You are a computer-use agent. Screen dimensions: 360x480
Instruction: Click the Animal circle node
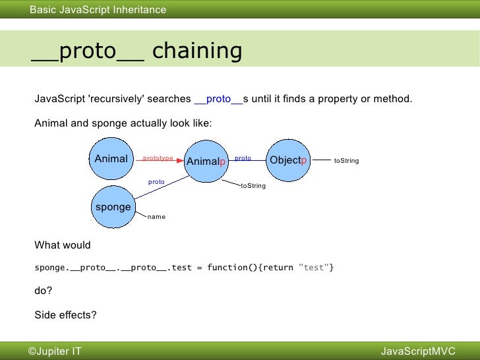(x=111, y=159)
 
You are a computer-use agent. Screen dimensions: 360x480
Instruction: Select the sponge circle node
(x=113, y=207)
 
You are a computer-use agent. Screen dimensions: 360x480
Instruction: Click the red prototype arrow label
(x=158, y=158)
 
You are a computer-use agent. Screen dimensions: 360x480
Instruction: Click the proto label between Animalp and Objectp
(x=243, y=158)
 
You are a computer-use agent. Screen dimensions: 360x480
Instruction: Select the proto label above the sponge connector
(x=156, y=181)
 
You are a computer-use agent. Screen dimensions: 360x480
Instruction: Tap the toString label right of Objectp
(x=346, y=160)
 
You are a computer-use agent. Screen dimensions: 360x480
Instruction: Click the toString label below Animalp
(x=253, y=186)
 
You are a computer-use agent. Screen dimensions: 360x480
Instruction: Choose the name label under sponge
(x=156, y=216)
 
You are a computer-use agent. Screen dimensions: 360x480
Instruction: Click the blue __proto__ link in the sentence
(x=218, y=99)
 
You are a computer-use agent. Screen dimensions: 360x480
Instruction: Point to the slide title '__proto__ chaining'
(x=136, y=51)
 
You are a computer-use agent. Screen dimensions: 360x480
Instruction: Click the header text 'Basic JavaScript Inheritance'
(x=98, y=9)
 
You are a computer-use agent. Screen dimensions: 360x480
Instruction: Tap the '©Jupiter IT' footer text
(x=55, y=351)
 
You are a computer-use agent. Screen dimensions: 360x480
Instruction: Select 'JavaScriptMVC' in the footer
(x=418, y=351)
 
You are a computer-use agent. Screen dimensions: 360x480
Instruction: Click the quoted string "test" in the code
(x=314, y=268)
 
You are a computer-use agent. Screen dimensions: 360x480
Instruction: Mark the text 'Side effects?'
(x=65, y=315)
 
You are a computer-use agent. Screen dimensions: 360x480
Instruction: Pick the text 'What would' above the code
(x=62, y=245)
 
